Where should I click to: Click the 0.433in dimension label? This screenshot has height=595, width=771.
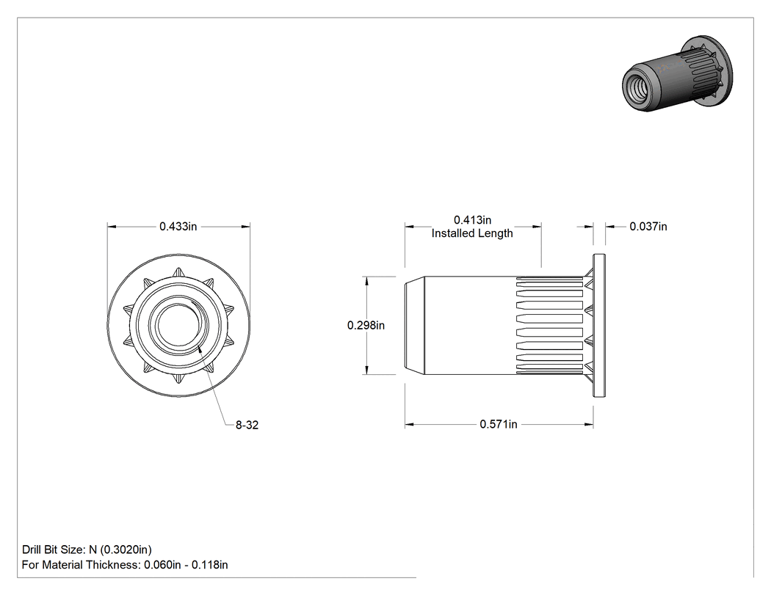[178, 227]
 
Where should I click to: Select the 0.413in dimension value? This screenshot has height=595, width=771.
[472, 219]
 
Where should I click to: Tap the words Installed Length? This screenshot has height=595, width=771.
[472, 233]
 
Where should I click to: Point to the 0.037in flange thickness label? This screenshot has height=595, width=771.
[648, 227]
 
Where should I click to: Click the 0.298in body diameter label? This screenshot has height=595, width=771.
[366, 325]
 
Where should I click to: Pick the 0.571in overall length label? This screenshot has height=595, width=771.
[498, 424]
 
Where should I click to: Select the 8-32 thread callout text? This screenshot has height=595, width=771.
[247, 425]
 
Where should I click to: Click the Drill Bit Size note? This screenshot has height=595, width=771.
[87, 550]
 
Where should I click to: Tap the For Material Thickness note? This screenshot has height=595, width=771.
[125, 565]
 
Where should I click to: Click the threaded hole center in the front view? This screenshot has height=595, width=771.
[178, 325]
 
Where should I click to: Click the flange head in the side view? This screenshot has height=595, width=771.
[599, 325]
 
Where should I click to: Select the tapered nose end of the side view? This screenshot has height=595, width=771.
[415, 325]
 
